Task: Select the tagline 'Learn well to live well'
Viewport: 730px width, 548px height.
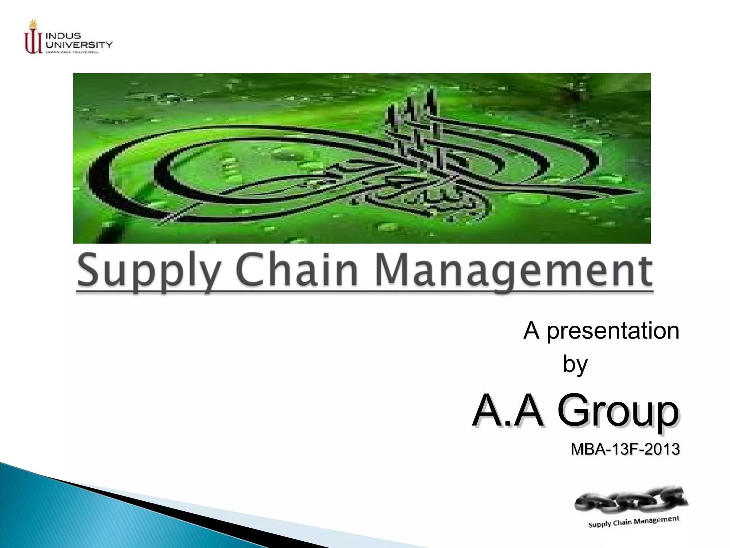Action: click(72, 52)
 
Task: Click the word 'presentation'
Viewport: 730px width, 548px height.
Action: click(613, 331)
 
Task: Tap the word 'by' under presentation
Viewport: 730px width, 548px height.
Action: click(575, 364)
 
